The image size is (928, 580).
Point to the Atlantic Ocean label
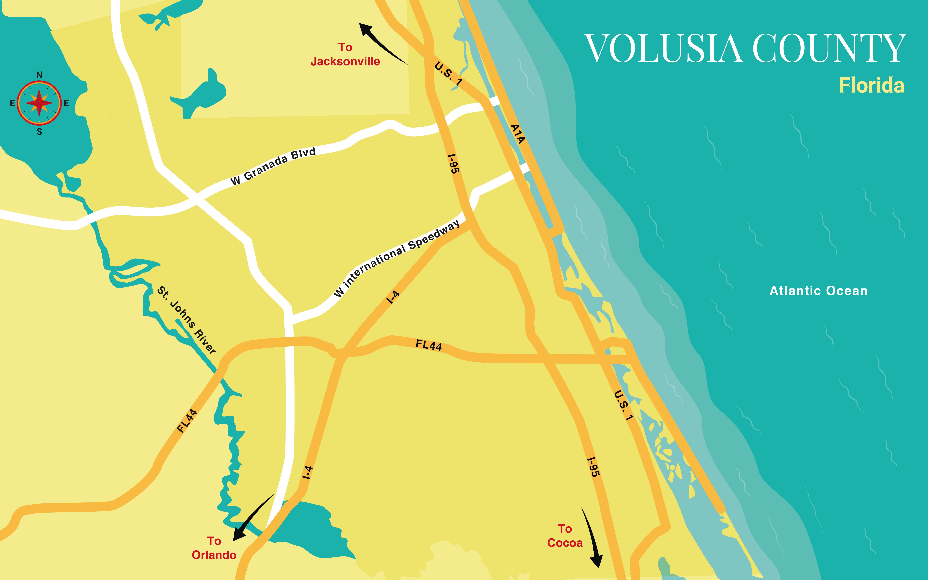[818, 291]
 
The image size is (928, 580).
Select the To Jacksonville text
[345, 54]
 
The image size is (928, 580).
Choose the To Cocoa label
[565, 536]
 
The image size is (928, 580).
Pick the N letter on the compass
[39, 75]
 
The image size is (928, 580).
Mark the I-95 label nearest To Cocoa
[593, 467]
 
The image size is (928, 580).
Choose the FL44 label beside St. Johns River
[187, 421]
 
